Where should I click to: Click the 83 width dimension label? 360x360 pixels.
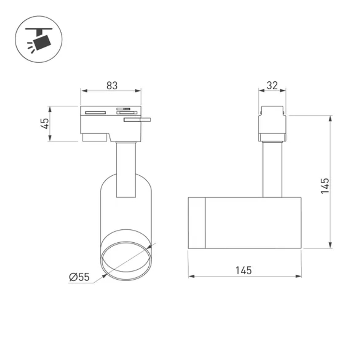(112, 86)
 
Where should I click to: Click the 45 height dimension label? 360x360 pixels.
(45, 124)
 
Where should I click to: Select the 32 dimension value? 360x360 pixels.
(272, 85)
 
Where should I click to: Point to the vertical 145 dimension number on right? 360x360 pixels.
(325, 185)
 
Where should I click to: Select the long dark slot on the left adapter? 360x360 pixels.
(95, 112)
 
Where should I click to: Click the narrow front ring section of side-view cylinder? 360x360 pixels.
(197, 222)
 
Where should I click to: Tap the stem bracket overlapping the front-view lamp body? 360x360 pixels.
(126, 169)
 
